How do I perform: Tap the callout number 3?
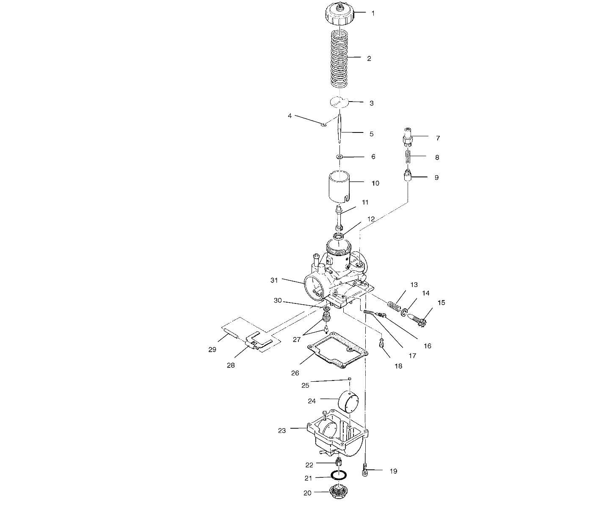coord(371,103)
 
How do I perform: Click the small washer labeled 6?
coord(339,157)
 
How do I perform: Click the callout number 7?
coord(438,138)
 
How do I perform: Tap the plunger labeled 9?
coord(408,175)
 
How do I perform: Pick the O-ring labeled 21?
coord(339,475)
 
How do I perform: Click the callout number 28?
coord(231,365)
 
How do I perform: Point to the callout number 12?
coord(371,219)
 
